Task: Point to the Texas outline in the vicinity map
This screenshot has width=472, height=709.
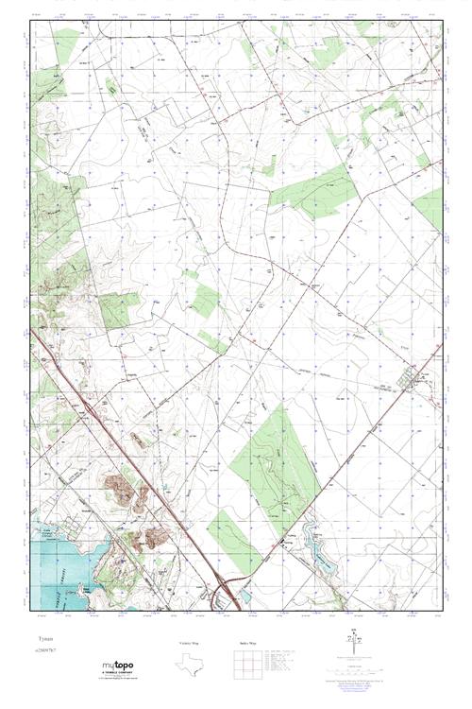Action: [187, 665]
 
